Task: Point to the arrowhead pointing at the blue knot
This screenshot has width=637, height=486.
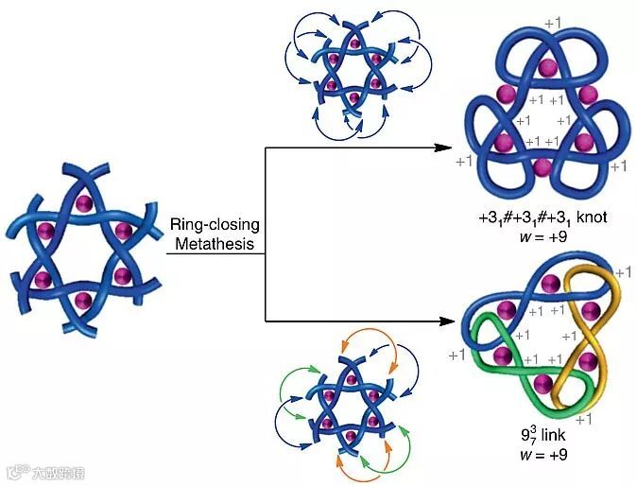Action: click(x=441, y=148)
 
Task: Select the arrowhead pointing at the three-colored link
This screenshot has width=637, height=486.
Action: click(x=441, y=321)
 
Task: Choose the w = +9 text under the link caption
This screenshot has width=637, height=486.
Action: click(x=542, y=456)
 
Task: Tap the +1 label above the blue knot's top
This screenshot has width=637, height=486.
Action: click(x=555, y=21)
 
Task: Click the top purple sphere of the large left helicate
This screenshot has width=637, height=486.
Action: click(x=84, y=203)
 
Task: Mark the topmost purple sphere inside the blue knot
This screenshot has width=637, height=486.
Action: click(x=544, y=67)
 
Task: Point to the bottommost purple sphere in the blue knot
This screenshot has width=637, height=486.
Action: click(x=542, y=168)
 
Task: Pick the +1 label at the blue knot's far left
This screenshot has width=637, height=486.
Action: click(x=463, y=162)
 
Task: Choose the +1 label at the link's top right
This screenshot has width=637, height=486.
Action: click(x=623, y=272)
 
